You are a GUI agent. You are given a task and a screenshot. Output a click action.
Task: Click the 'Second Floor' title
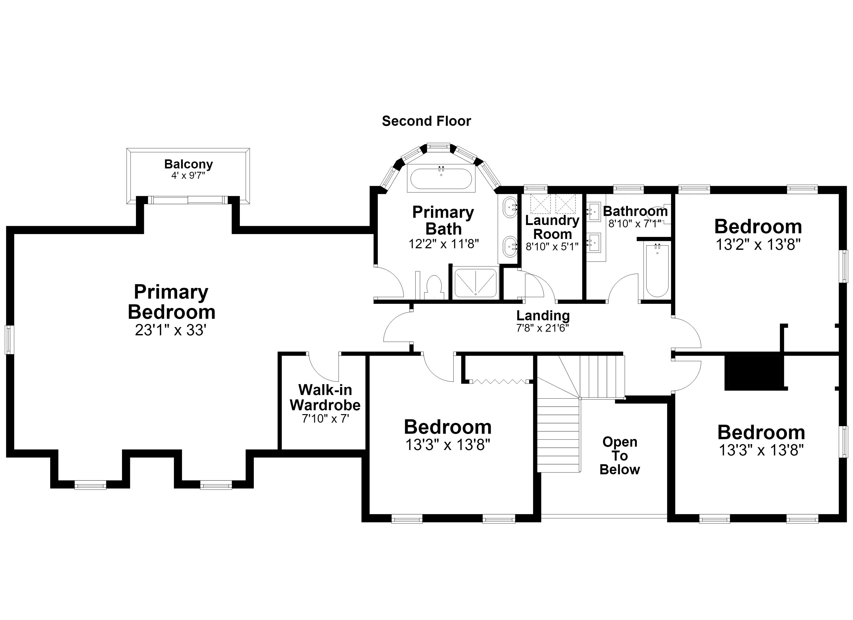tap(426, 121)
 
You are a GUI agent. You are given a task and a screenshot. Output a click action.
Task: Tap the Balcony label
tap(188, 164)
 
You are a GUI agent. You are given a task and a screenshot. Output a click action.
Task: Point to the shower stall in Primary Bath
tap(476, 283)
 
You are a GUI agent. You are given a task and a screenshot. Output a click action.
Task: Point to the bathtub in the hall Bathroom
tap(657, 270)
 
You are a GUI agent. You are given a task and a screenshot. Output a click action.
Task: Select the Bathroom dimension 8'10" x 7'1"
tap(635, 224)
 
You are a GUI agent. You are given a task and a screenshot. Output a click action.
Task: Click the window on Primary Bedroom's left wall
tap(9, 339)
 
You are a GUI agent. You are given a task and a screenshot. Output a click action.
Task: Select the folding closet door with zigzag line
tap(499, 382)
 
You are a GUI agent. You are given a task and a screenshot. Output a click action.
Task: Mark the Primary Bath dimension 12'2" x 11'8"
tap(443, 244)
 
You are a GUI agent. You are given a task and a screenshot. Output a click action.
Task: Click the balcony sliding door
tap(188, 200)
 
